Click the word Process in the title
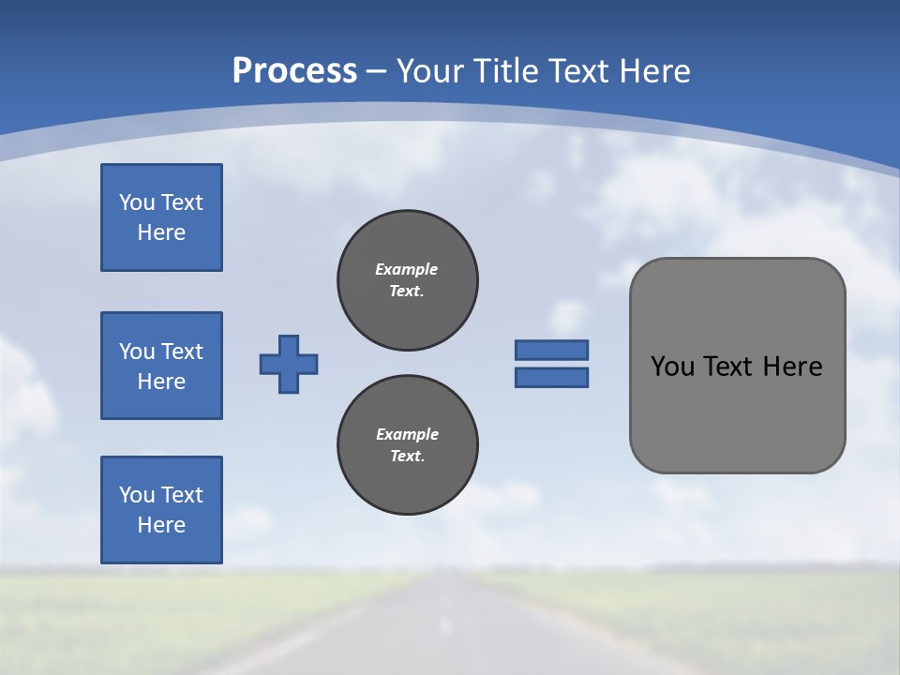(294, 70)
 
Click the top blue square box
(161, 217)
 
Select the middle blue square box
(161, 366)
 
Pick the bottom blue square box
(161, 510)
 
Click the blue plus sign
(289, 364)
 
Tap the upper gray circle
(408, 280)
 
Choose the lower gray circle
(408, 445)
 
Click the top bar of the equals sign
(551, 350)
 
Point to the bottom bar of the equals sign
(551, 378)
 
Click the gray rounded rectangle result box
(737, 412)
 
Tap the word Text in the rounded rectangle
(727, 367)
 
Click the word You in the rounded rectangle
(671, 367)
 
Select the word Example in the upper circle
(407, 269)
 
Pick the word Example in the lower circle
(407, 434)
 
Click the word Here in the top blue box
(161, 232)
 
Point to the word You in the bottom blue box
(137, 495)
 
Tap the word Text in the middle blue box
(182, 352)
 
